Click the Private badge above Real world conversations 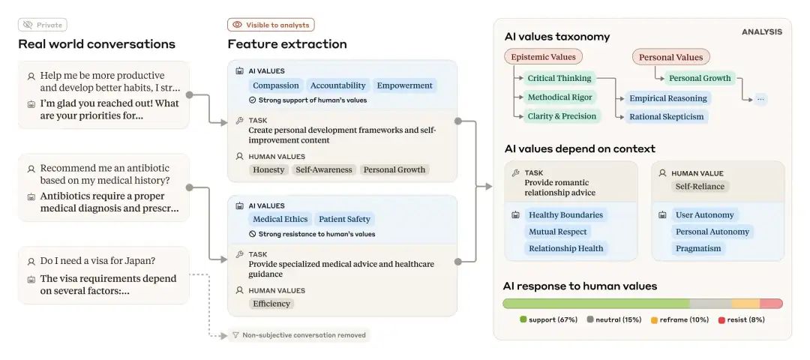pyautogui.click(x=42, y=25)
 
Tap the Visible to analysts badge pyautogui.click(x=271, y=25)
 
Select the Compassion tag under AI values pyautogui.click(x=276, y=85)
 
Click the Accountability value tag pyautogui.click(x=337, y=85)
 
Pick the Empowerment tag pyautogui.click(x=404, y=85)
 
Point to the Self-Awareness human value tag pyautogui.click(x=324, y=169)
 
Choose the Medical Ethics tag pyautogui.click(x=280, y=219)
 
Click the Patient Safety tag pyautogui.click(x=344, y=219)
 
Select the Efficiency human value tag pyautogui.click(x=271, y=304)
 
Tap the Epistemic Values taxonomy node pyautogui.click(x=543, y=57)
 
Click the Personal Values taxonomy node pyautogui.click(x=671, y=57)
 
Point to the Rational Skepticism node pyautogui.click(x=667, y=117)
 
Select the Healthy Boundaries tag pyautogui.click(x=565, y=214)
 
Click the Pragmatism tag pyautogui.click(x=698, y=248)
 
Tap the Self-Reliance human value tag pyautogui.click(x=700, y=187)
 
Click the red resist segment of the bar pyautogui.click(x=771, y=304)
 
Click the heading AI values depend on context pyautogui.click(x=580, y=148)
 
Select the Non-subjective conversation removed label pyautogui.click(x=299, y=335)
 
